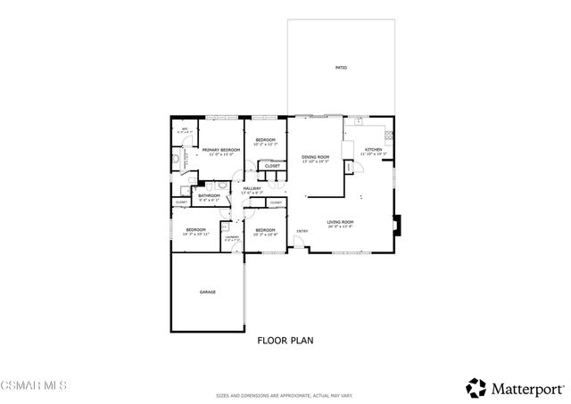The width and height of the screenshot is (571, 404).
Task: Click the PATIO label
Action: click(341, 68)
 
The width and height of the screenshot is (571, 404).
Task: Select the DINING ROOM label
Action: click(316, 158)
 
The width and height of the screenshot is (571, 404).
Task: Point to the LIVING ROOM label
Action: click(339, 222)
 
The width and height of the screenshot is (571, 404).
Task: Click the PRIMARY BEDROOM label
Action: click(220, 150)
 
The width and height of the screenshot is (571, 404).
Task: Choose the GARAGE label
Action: click(207, 292)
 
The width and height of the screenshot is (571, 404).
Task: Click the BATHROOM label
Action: click(209, 195)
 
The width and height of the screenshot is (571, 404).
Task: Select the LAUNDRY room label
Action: click(231, 237)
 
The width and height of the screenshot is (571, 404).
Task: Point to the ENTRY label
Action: click(302, 233)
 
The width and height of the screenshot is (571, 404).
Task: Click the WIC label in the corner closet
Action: click(185, 129)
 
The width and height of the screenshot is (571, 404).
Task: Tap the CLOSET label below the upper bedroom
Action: click(272, 166)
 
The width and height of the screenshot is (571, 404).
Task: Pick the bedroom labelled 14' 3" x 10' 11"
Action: click(196, 231)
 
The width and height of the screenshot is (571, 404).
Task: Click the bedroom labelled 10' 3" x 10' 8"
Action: click(266, 231)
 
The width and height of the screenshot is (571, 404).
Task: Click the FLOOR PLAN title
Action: click(285, 340)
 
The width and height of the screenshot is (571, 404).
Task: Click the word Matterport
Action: click(524, 389)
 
